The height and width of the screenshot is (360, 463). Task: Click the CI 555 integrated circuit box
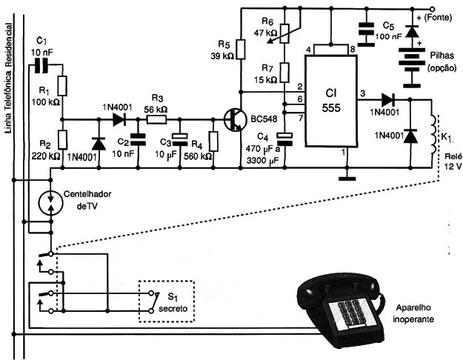coord(331,101)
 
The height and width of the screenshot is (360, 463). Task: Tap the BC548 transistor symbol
coord(236,119)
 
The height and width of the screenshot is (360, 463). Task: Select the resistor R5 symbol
coord(241,49)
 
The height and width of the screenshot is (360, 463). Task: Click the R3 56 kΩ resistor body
coord(156,119)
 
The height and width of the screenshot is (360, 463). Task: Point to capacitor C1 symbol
coord(41,65)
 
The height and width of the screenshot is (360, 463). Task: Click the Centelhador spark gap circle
coord(51,202)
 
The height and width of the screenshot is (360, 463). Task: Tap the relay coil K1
coord(434,134)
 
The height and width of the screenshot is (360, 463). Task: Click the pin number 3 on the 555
coord(362,93)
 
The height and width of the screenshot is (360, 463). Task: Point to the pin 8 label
coord(353,50)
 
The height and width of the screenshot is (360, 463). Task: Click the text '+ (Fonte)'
coord(434,18)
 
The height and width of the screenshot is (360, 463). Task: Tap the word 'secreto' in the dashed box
coord(173,309)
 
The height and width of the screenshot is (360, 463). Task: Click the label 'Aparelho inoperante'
coord(413,313)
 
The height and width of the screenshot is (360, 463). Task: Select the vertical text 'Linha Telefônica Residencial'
coord(9,78)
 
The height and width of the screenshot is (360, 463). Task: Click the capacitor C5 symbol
coord(366,35)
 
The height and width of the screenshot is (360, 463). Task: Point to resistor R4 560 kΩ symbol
coord(213,141)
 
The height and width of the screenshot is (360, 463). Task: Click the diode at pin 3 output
coord(388,100)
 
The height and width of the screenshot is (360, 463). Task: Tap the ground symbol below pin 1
coord(347,179)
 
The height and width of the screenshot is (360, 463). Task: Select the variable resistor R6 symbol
coord(284,33)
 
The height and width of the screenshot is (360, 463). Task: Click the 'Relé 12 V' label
coord(453,161)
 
